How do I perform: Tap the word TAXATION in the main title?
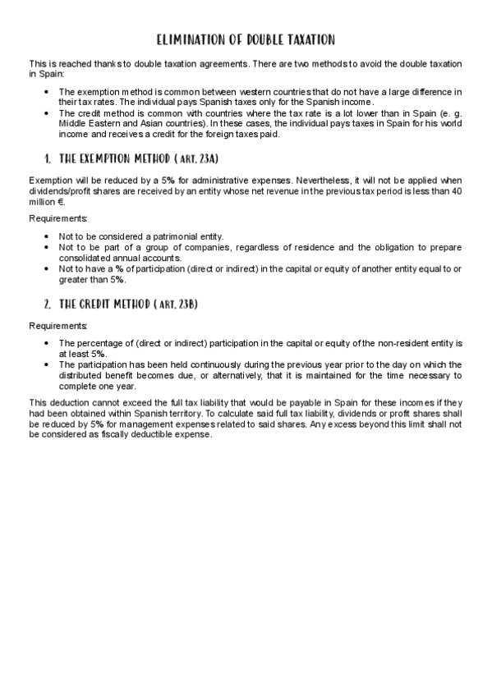tap(308, 39)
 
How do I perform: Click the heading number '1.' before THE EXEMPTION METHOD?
tap(48, 158)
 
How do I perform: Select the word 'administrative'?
tap(195, 180)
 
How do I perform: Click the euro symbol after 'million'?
tap(62, 201)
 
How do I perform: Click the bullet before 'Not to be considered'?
tap(47, 236)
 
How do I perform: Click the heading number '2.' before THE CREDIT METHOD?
tap(48, 304)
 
